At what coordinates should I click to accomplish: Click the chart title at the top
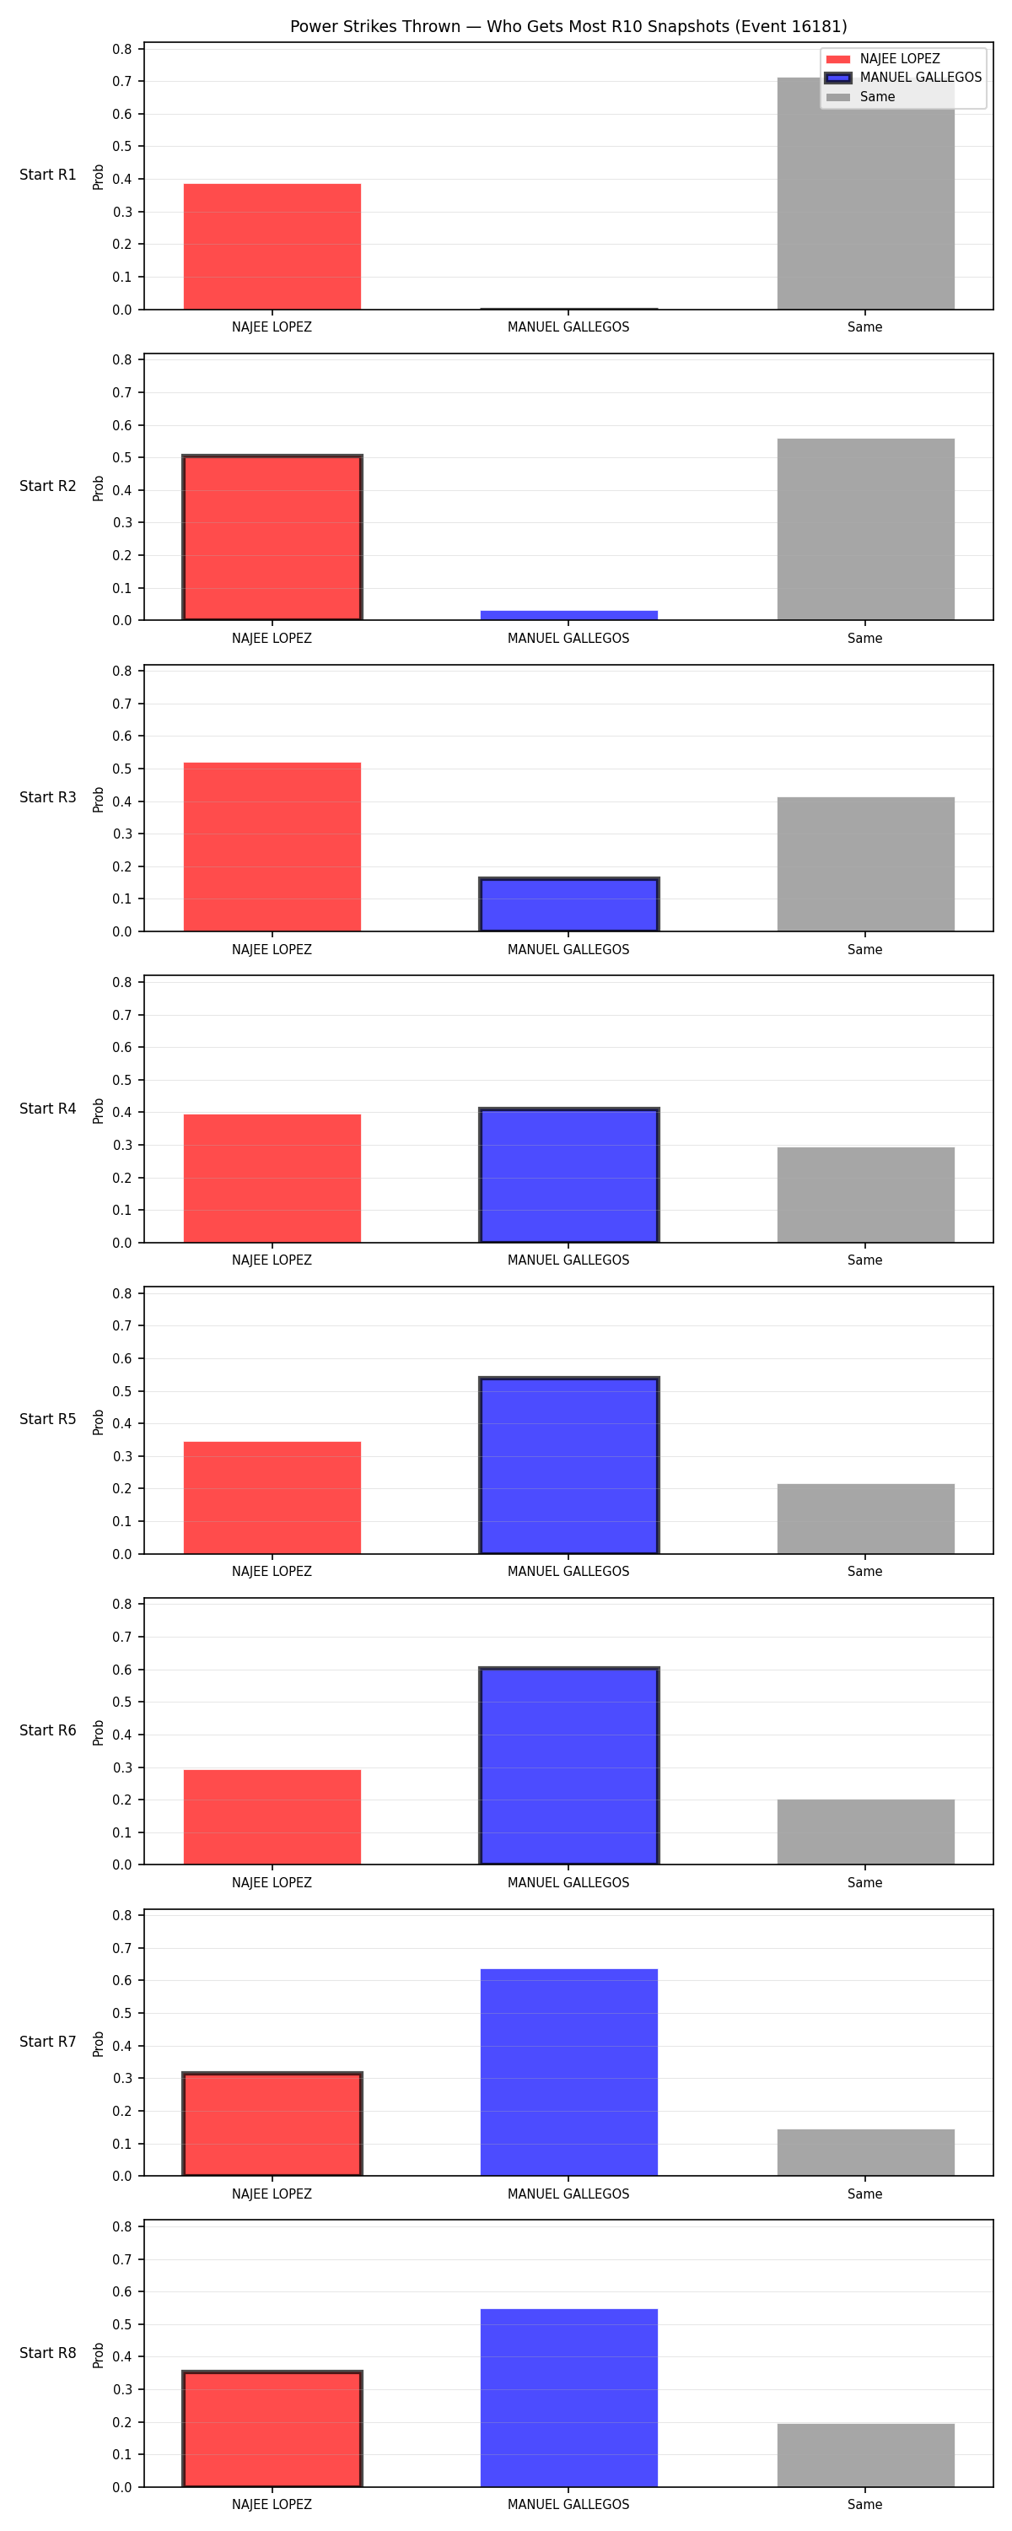coord(568,26)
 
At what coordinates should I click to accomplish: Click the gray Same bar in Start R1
coord(865,193)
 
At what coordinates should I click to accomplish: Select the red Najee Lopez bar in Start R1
coord(272,246)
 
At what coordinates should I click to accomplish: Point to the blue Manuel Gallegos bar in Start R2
coord(569,615)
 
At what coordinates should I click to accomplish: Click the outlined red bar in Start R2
coord(272,537)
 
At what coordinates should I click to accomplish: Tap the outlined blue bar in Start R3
coord(569,904)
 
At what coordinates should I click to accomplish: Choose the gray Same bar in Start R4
coord(865,1195)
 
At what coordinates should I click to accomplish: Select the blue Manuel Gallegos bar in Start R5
coord(569,1465)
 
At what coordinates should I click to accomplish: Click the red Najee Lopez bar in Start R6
coord(272,1816)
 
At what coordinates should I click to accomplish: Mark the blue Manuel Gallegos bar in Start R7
coord(569,2072)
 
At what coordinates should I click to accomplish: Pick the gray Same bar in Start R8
coord(865,2454)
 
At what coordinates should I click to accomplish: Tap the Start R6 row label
coord(47,1730)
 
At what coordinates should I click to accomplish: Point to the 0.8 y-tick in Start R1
coord(121,49)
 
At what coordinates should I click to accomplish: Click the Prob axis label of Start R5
coord(99,1422)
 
